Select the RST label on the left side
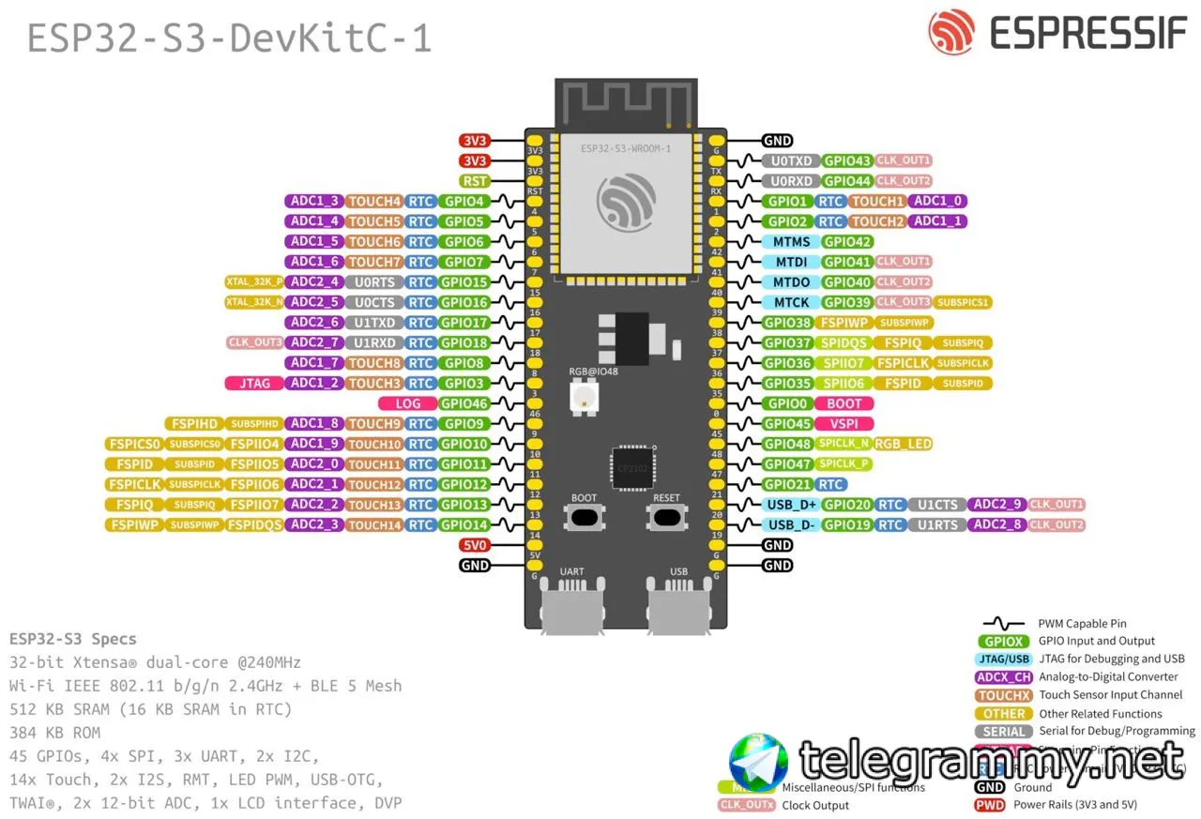point(475,181)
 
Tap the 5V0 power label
point(475,545)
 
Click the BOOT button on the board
point(584,516)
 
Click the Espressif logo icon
point(951,33)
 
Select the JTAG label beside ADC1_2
point(255,383)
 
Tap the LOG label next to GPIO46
point(408,403)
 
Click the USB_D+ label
point(791,505)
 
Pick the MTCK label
point(791,302)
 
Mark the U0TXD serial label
point(791,161)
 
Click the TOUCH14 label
point(375,525)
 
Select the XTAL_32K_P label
point(253,281)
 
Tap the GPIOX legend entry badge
point(1003,642)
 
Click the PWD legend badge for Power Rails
point(990,805)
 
